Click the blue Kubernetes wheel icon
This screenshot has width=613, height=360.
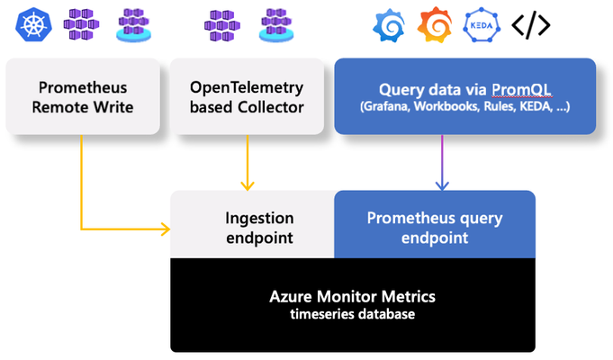33,24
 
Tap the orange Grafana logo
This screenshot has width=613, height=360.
435,24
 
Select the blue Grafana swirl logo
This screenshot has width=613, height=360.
389,26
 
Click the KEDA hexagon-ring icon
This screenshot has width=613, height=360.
482,25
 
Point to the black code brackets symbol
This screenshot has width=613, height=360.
531,25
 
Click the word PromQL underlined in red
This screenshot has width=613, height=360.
521,89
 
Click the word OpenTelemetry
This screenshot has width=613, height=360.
247,87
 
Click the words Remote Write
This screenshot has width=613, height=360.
83,107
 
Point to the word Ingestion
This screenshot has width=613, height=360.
259,219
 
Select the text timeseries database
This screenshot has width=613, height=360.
352,314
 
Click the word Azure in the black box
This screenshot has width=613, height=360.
291,296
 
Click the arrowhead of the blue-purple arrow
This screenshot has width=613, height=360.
442,185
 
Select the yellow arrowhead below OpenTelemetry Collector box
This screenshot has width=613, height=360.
247,185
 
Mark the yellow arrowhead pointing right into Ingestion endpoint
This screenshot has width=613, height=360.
166,229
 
